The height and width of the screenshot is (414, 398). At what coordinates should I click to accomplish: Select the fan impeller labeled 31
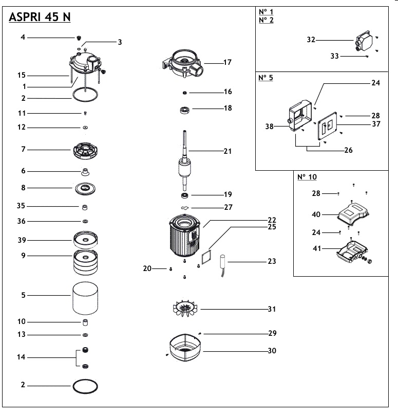(x=184, y=310)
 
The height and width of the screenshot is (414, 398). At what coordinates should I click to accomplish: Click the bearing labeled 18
(x=184, y=110)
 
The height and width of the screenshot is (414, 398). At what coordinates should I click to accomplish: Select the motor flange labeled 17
(x=183, y=64)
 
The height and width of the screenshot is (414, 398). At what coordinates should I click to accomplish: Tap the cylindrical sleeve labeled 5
(x=85, y=297)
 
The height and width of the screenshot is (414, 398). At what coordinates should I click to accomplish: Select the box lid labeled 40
(x=354, y=212)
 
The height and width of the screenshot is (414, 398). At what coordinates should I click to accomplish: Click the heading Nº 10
(x=307, y=177)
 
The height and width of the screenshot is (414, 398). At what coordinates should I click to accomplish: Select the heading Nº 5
(x=266, y=79)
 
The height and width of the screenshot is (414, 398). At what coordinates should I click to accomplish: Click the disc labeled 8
(x=85, y=188)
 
